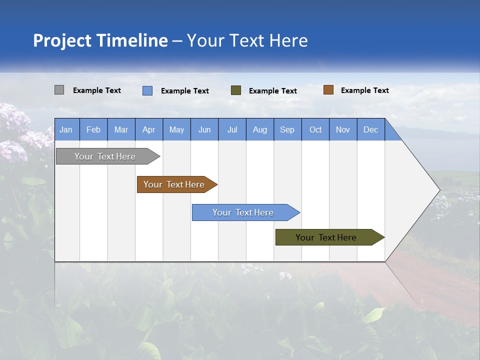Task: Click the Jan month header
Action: point(66,129)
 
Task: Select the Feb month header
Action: point(93,129)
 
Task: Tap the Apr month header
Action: point(148,129)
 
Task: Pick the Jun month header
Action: point(204,129)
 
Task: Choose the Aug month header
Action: point(259,129)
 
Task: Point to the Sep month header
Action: point(287,129)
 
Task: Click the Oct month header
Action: point(315,129)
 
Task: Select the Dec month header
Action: point(370,129)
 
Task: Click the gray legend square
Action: point(59,90)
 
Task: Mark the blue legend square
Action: point(147,90)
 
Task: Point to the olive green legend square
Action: point(236,90)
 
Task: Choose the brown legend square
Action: point(328,90)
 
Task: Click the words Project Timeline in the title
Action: point(100,40)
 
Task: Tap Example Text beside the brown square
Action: point(364,90)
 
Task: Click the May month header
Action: point(176,129)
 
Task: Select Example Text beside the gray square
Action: point(97,90)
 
